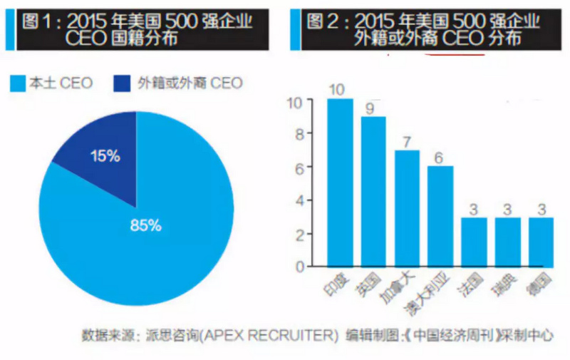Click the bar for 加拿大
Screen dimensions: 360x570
pos(407,208)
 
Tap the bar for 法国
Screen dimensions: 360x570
pos(474,242)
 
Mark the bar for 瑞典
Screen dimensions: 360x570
pos(507,242)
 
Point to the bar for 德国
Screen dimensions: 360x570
pos(541,242)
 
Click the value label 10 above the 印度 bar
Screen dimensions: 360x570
pos(339,89)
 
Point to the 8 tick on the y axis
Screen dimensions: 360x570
pos(299,133)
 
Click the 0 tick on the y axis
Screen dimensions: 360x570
pos(299,267)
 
